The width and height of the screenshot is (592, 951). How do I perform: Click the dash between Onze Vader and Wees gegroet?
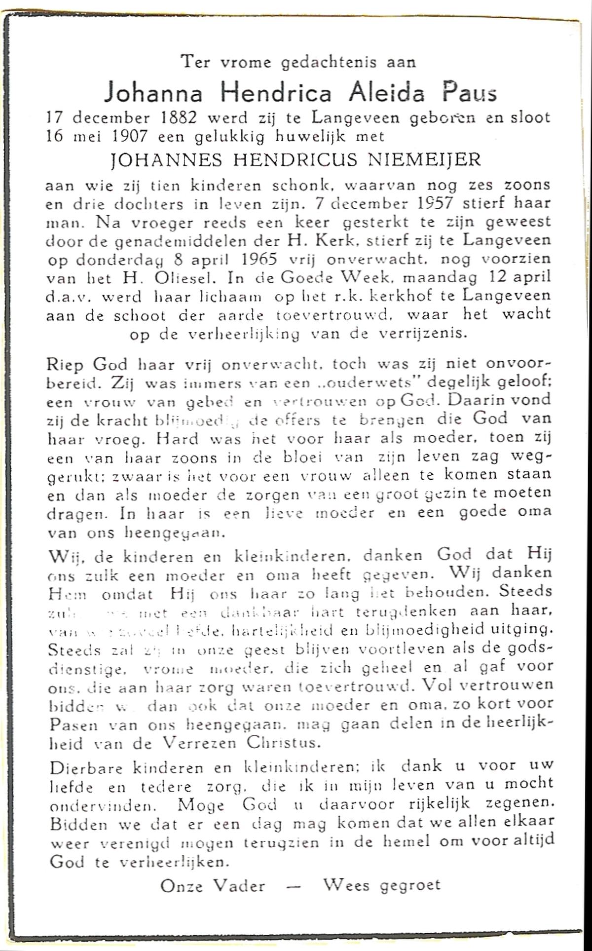pos(295,886)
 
